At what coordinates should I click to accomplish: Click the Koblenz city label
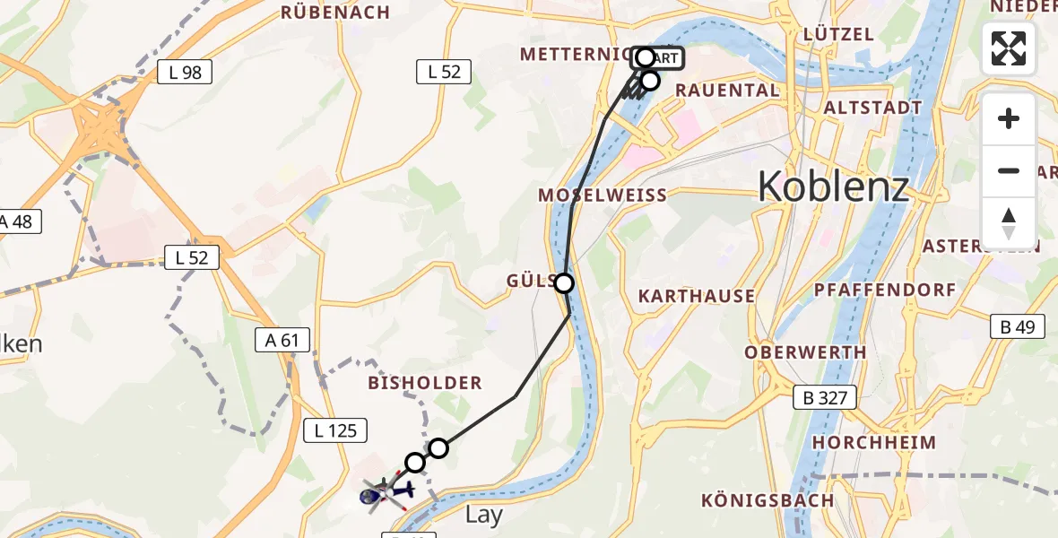click(833, 187)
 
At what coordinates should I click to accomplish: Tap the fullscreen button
click(1009, 48)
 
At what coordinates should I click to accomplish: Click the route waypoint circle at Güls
click(564, 283)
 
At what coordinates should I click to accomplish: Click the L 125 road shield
click(336, 430)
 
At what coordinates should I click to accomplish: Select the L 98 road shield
click(185, 73)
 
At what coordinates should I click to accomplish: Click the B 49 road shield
click(1018, 327)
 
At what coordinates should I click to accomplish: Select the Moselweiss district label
click(603, 195)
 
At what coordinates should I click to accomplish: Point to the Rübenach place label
click(335, 13)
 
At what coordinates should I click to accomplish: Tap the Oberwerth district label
click(805, 352)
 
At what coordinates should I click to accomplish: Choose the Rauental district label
click(727, 90)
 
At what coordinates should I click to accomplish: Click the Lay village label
click(484, 516)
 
